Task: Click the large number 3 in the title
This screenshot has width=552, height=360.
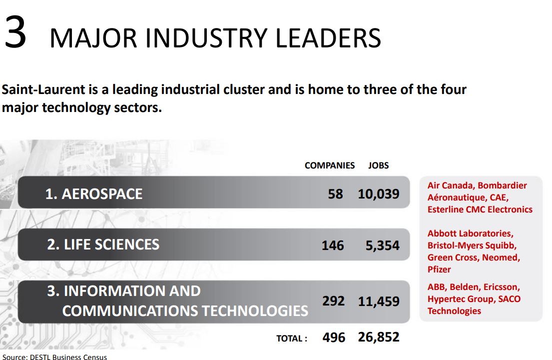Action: [15, 32]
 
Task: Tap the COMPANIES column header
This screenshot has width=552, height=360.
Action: [330, 165]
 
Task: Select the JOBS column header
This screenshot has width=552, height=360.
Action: [379, 165]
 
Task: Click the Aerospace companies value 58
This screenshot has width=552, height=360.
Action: [335, 194]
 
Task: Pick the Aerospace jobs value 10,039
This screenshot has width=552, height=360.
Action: [379, 194]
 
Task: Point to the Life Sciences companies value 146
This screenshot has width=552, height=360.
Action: [333, 245]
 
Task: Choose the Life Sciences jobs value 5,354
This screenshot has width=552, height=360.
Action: [383, 245]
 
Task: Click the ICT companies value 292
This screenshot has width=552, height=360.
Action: [333, 301]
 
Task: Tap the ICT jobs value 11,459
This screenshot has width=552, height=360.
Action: [379, 301]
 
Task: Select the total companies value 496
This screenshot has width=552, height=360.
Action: [334, 337]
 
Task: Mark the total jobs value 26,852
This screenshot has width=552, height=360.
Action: [379, 337]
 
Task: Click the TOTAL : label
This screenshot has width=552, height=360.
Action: [292, 338]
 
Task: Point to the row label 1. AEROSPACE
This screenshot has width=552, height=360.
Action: [94, 194]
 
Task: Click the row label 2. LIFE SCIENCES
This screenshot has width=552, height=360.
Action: [103, 244]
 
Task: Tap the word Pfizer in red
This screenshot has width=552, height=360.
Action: [439, 269]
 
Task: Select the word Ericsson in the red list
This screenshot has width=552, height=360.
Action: [502, 287]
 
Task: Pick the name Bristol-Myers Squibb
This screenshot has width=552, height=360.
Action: [472, 245]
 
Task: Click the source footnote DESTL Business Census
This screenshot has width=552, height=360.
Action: [68, 357]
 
